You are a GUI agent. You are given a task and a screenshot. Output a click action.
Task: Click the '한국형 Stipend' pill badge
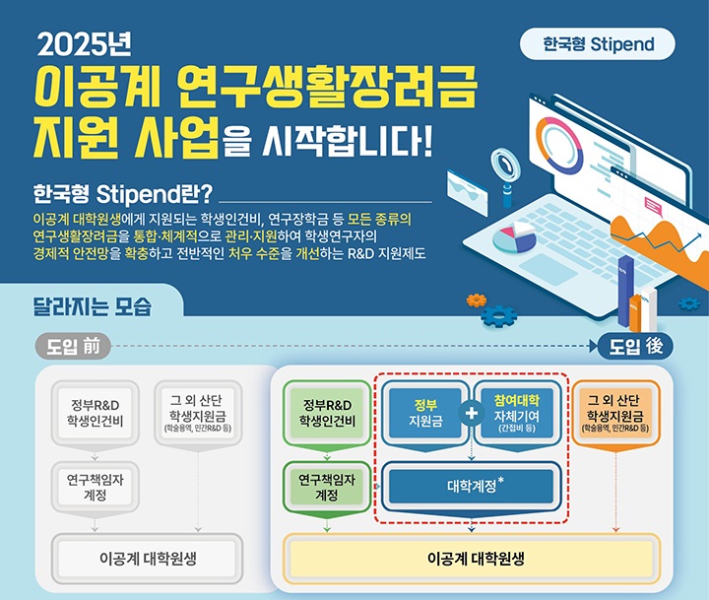[598, 44]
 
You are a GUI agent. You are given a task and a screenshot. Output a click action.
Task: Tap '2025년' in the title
[85, 44]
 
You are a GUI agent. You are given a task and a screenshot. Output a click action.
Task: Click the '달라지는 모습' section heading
[93, 306]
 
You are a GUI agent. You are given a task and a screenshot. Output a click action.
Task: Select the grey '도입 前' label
[73, 347]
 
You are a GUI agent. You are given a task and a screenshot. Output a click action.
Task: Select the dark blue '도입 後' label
[635, 347]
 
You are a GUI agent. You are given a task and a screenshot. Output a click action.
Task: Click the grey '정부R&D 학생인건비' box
[95, 413]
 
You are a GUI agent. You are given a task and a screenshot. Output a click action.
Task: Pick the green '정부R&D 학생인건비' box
[327, 413]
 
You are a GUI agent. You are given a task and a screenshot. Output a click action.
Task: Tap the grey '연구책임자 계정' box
[95, 488]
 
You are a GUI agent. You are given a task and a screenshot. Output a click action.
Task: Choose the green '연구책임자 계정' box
[327, 488]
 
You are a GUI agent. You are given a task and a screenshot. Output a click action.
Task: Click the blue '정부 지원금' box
[425, 413]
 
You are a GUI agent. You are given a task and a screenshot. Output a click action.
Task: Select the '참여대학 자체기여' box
[517, 413]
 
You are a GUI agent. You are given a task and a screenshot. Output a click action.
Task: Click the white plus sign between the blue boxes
[471, 413]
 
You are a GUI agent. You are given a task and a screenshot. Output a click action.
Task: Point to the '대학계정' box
[471, 487]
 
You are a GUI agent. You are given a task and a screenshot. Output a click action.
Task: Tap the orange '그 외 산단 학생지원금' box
[615, 413]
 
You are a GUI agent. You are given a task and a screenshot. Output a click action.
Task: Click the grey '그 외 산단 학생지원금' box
[198, 413]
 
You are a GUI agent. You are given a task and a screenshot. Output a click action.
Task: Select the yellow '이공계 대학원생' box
[471, 559]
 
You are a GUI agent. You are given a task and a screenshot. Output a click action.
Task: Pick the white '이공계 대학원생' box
[147, 559]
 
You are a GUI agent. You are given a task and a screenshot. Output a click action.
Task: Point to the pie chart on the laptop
[514, 237]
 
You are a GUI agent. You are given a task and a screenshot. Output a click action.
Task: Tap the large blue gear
[498, 316]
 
